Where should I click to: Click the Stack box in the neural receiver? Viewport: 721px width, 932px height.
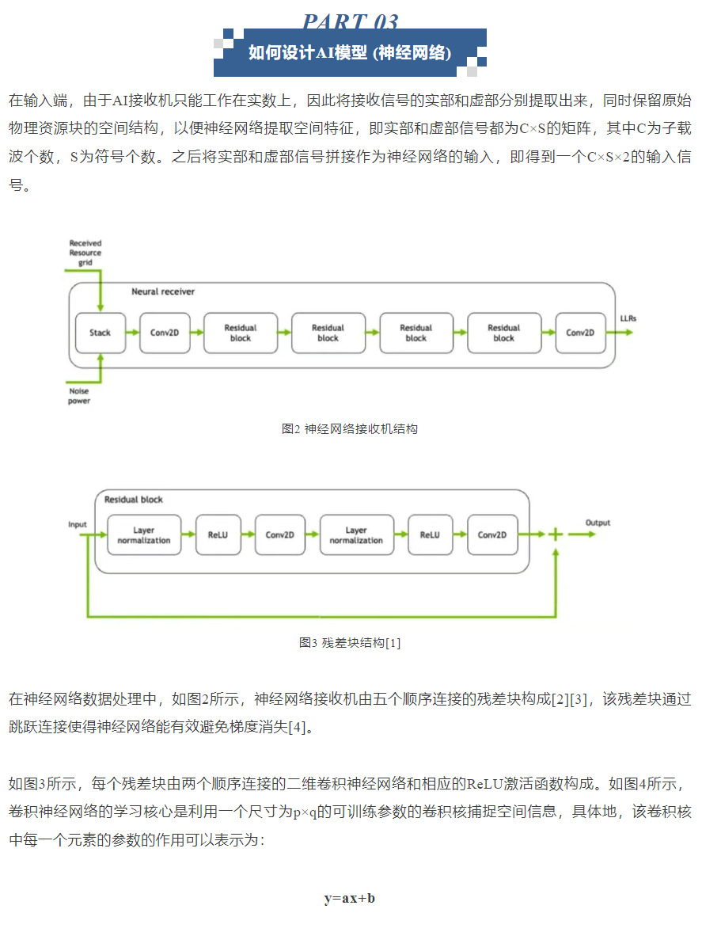point(100,333)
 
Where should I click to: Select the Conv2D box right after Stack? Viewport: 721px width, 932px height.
point(165,333)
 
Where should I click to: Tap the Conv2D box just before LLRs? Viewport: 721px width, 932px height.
point(580,333)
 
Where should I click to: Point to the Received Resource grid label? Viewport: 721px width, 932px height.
point(85,253)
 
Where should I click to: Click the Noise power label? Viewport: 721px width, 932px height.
point(80,396)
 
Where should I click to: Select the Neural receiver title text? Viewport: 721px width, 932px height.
point(163,291)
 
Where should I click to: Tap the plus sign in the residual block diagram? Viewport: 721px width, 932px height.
point(556,534)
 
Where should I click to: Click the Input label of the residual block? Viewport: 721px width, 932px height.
point(78,524)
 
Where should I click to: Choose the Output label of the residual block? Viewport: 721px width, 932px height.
point(598,523)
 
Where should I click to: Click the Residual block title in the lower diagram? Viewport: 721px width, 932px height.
point(134,500)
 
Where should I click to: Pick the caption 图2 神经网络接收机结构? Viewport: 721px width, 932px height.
point(350,428)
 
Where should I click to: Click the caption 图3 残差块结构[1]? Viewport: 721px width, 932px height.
point(350,642)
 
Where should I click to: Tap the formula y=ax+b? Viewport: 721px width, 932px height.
point(350,898)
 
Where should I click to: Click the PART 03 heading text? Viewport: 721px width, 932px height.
point(350,21)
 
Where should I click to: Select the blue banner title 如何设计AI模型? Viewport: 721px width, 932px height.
point(350,52)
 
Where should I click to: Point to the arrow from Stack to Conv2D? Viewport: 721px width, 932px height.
point(132,333)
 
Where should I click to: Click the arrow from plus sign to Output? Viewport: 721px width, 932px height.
point(581,534)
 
